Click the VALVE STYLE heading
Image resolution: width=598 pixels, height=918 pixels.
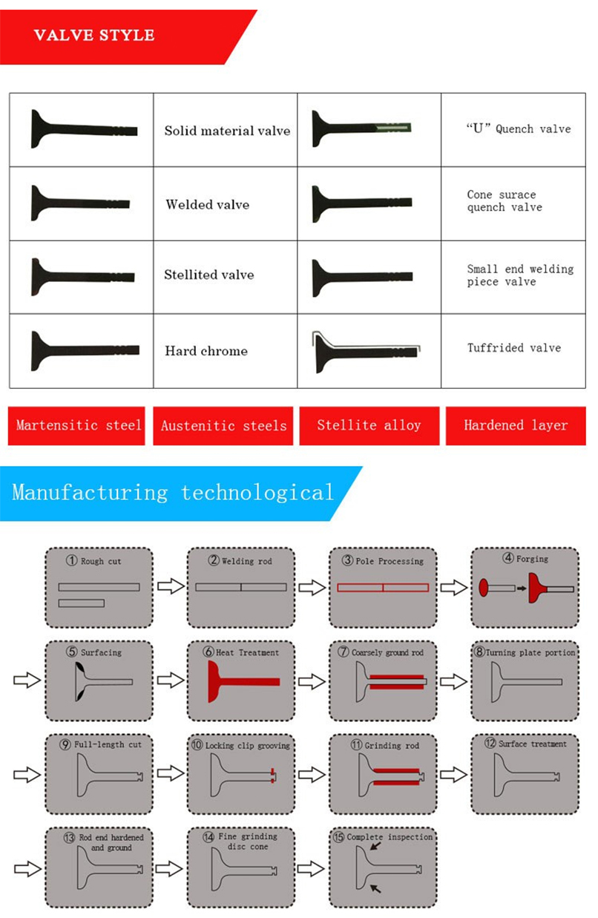pos(94,35)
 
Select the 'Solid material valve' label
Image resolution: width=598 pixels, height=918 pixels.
pos(227,131)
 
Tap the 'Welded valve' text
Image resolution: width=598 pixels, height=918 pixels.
pos(208,205)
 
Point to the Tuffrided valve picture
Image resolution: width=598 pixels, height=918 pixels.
pos(367,352)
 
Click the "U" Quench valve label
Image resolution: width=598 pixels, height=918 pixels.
pos(519,128)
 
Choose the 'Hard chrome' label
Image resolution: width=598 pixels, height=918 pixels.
pos(206,351)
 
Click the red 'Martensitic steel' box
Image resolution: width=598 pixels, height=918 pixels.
pos(76,425)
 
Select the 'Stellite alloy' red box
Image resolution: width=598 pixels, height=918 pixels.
pos(369,425)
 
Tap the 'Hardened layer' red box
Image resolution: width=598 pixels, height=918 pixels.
pos(516,425)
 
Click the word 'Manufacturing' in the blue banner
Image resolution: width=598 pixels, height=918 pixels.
pos(90,492)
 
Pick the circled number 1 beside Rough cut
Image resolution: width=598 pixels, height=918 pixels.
pos(72,560)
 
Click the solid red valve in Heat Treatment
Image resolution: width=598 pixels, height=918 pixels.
pos(243,681)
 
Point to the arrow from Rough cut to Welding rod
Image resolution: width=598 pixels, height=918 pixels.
pos(171,586)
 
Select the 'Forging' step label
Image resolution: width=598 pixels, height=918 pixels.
pos(532,559)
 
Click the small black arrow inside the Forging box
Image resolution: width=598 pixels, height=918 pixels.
pos(522,588)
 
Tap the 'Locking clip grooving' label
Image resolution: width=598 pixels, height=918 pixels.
pos(247,746)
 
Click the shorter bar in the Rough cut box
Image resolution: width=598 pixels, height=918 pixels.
pos(81,603)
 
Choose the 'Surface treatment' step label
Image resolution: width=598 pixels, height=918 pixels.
pos(533,744)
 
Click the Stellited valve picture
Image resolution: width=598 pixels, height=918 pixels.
pos(83,277)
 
